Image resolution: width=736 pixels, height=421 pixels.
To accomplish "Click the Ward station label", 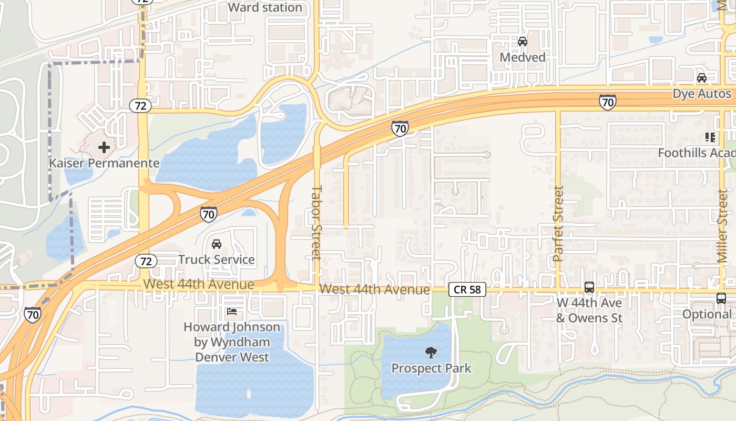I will coord(265,7).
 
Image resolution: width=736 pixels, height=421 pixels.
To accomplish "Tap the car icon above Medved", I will coord(522,42).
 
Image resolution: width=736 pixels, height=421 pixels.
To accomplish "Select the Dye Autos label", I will coord(702,94).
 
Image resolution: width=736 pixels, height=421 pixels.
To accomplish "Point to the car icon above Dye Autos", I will coord(701,78).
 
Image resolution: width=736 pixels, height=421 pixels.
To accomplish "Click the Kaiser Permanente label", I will coord(104,163).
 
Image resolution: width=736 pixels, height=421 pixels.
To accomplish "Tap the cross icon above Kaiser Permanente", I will coord(104,147).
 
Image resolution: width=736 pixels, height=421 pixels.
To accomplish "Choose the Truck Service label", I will coord(216,259).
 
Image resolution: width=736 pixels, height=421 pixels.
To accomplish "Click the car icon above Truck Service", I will coord(216,244).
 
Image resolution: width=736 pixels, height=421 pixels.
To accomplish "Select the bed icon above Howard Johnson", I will coord(231,312).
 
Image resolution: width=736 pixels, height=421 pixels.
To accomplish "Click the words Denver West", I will coord(232,357).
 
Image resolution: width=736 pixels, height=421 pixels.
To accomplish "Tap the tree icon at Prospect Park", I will coord(431,353).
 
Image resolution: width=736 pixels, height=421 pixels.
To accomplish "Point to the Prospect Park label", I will coord(431,368).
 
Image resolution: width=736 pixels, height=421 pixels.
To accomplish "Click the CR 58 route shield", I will coord(467,290).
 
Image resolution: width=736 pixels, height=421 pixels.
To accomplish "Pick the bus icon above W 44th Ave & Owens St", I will coord(589,287).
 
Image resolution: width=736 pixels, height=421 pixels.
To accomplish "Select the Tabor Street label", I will coord(316,222).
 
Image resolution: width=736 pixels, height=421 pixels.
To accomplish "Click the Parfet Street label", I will coord(558,224).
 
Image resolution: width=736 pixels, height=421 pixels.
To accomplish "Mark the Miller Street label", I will coord(722,226).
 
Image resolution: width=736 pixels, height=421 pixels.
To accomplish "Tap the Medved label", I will coord(522,57).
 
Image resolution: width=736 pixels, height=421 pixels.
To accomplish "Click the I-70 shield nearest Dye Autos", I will coord(607,102).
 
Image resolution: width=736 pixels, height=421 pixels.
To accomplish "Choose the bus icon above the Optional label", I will coord(721,298).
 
